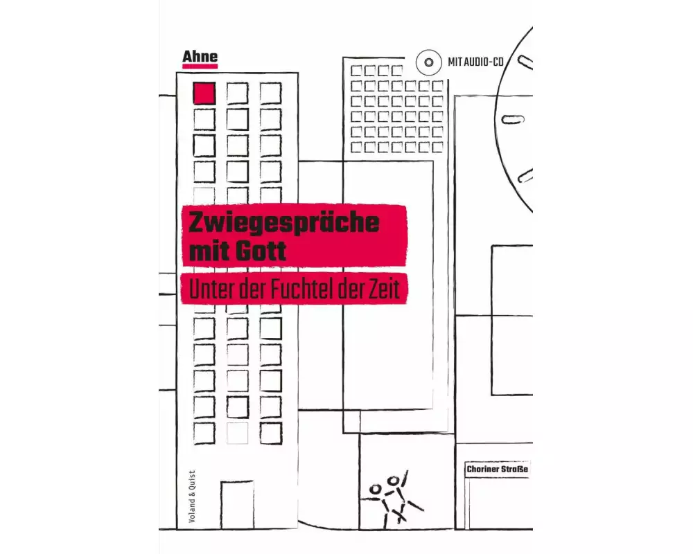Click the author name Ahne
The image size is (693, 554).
[200, 57]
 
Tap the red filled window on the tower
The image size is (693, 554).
[204, 93]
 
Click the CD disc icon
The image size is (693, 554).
[429, 62]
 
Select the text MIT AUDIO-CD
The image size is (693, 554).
[475, 62]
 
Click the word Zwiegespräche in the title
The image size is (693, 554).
[283, 223]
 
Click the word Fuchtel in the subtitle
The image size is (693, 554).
[301, 289]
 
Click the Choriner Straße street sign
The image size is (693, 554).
[497, 470]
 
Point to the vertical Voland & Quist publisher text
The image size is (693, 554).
[192, 496]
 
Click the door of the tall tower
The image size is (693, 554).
[237, 505]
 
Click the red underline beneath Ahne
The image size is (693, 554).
[200, 66]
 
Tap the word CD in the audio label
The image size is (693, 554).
[498, 62]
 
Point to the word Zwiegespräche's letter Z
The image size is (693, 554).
[197, 223]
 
